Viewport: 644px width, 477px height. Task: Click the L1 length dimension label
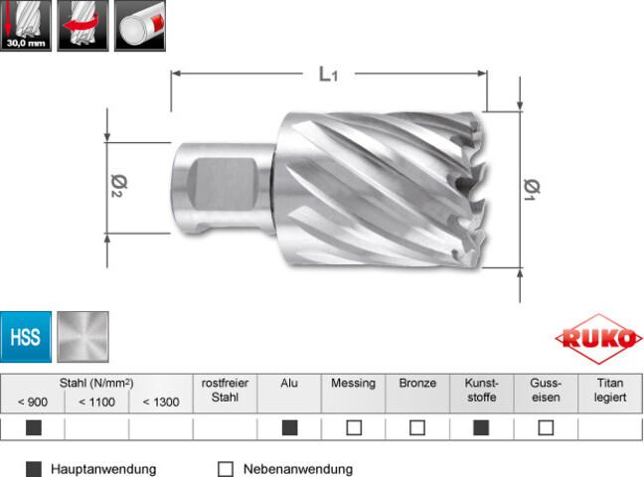click(328, 74)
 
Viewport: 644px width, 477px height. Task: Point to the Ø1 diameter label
click(532, 190)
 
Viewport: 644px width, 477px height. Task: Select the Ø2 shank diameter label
click(119, 186)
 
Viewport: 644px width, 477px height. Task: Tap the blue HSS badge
click(26, 337)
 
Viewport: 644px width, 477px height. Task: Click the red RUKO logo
click(598, 339)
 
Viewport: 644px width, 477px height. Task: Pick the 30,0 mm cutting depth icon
click(26, 26)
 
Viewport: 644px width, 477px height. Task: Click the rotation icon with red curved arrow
click(82, 26)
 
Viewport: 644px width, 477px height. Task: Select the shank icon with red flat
click(140, 26)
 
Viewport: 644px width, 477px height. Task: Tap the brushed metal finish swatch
click(82, 337)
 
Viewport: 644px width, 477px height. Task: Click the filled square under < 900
click(33, 427)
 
